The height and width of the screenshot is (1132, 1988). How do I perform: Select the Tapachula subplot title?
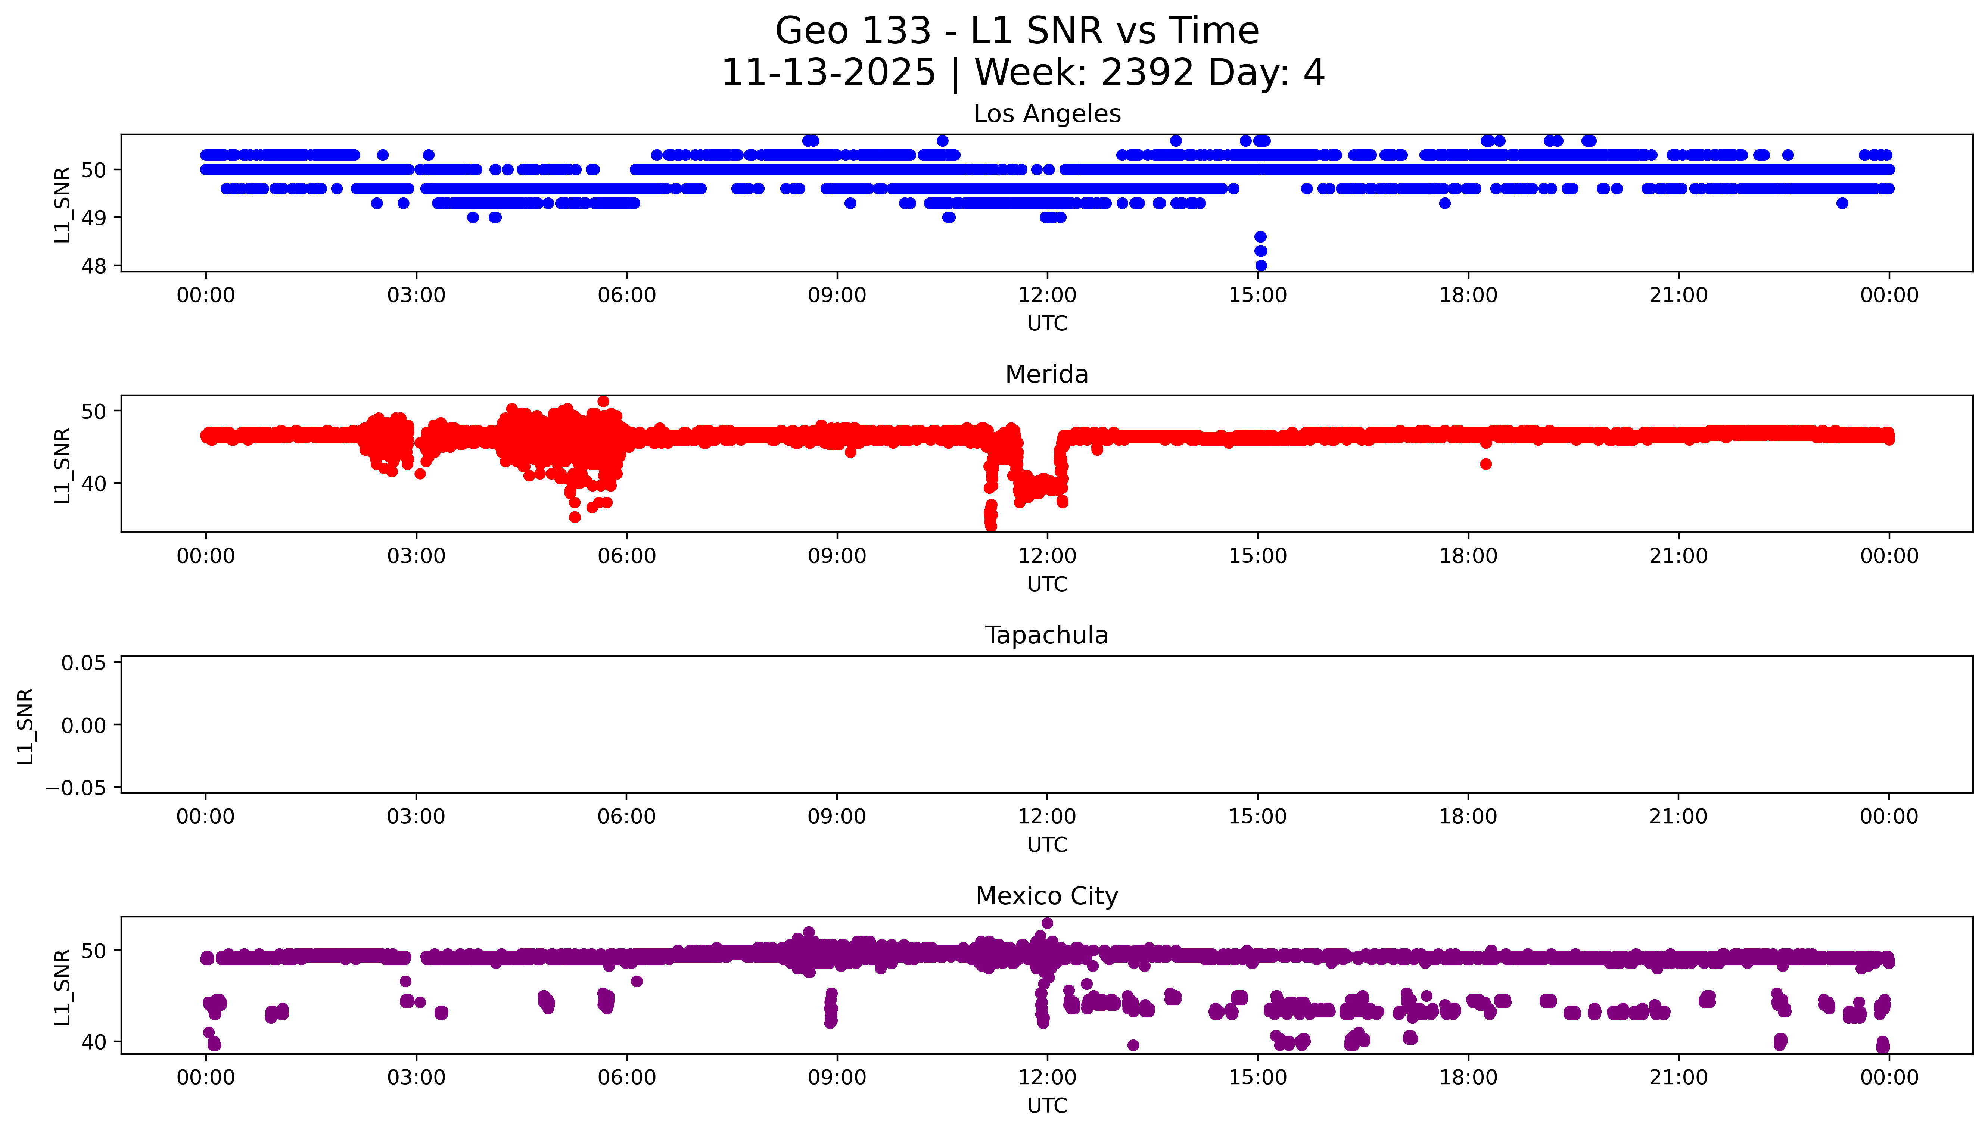[x=1046, y=635]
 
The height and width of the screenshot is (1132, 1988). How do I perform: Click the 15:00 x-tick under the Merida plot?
[x=1257, y=556]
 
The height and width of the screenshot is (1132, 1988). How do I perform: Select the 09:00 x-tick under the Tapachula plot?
[x=837, y=816]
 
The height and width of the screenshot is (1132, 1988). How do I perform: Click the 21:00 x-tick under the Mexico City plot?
[x=1678, y=1078]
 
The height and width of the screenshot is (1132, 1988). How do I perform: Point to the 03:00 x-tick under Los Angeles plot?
[x=416, y=296]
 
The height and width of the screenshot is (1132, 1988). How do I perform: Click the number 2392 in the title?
[x=1147, y=73]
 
